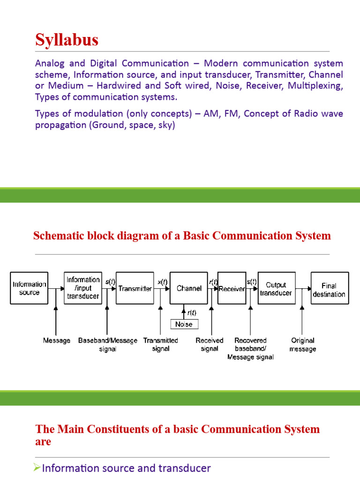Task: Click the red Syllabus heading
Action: click(67, 40)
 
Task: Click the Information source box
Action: click(30, 288)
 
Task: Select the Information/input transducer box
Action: click(83, 288)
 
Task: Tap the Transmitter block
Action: click(135, 288)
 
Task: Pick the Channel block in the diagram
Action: click(189, 288)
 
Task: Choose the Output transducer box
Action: click(276, 288)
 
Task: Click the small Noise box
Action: click(184, 324)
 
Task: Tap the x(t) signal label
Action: click(162, 282)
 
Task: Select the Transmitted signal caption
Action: click(161, 345)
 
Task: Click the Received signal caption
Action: click(210, 345)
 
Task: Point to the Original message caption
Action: click(303, 345)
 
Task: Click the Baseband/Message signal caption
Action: click(108, 345)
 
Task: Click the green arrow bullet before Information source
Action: click(38, 468)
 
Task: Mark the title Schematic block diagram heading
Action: click(182, 236)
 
